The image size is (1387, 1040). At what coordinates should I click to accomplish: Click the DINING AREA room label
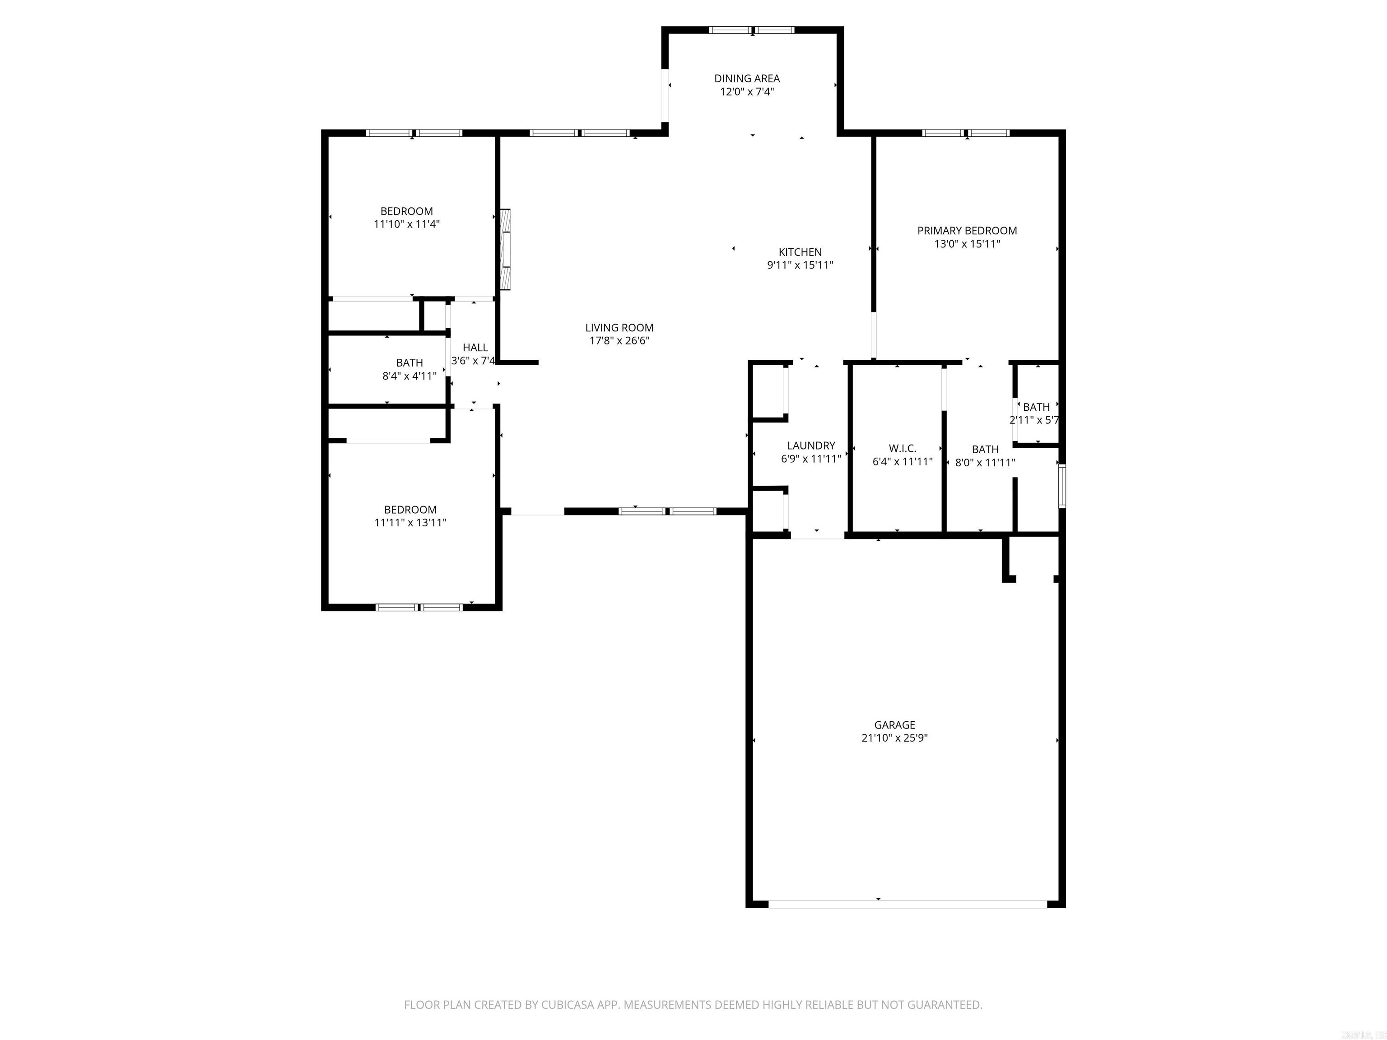tap(747, 79)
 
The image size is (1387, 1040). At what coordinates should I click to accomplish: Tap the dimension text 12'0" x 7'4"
tap(747, 92)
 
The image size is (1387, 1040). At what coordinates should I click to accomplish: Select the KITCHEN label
tap(800, 252)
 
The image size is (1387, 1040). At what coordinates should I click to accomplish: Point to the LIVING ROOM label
tap(619, 327)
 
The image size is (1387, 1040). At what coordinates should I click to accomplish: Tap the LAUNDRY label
tap(811, 446)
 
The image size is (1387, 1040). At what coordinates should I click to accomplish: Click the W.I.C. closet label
tap(902, 449)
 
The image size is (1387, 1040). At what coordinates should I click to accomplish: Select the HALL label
tap(475, 347)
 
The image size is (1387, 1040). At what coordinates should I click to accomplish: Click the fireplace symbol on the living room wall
tap(505, 250)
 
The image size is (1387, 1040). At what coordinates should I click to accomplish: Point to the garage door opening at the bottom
tap(908, 904)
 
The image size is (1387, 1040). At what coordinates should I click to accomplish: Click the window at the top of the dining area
tap(752, 29)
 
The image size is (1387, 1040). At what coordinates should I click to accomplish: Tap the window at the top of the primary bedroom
tap(966, 133)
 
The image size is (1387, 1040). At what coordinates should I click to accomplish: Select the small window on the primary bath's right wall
tap(1061, 486)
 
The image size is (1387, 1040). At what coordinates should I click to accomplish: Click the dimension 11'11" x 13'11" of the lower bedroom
tap(410, 523)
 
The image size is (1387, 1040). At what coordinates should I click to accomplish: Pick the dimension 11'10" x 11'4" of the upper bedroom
tap(406, 224)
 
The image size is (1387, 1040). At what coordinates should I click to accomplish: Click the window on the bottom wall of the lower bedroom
tap(419, 607)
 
